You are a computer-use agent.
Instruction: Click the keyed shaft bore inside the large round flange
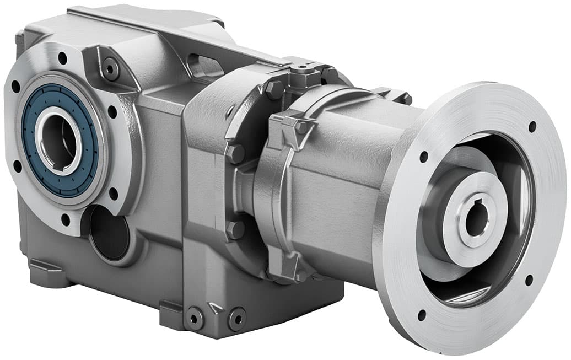[476, 219]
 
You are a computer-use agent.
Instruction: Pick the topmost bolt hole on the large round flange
[532, 126]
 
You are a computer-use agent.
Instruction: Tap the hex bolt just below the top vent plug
[274, 89]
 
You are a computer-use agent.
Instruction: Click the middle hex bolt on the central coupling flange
[236, 154]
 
